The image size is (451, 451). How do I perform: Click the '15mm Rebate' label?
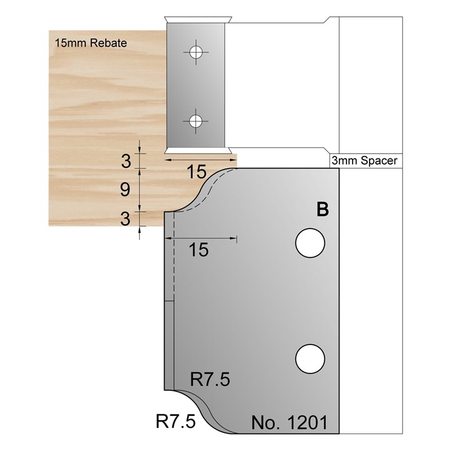(90, 44)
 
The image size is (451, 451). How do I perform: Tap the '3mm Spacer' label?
(363, 161)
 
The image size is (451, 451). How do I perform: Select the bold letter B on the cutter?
(323, 210)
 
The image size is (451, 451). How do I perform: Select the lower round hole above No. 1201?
(311, 358)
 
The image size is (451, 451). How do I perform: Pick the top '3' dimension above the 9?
(125, 162)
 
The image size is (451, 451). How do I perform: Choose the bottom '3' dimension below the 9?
(125, 219)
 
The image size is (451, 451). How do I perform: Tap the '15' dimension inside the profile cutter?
(198, 249)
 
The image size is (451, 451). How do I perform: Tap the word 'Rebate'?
(108, 44)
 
